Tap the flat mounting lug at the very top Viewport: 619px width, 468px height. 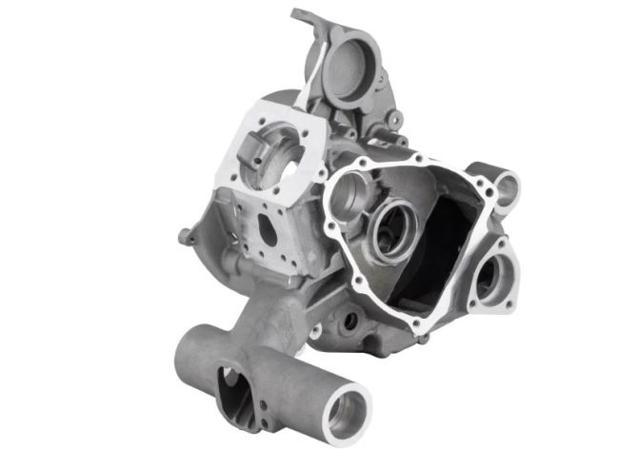click(307, 17)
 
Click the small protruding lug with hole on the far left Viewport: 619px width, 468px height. click(182, 234)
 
